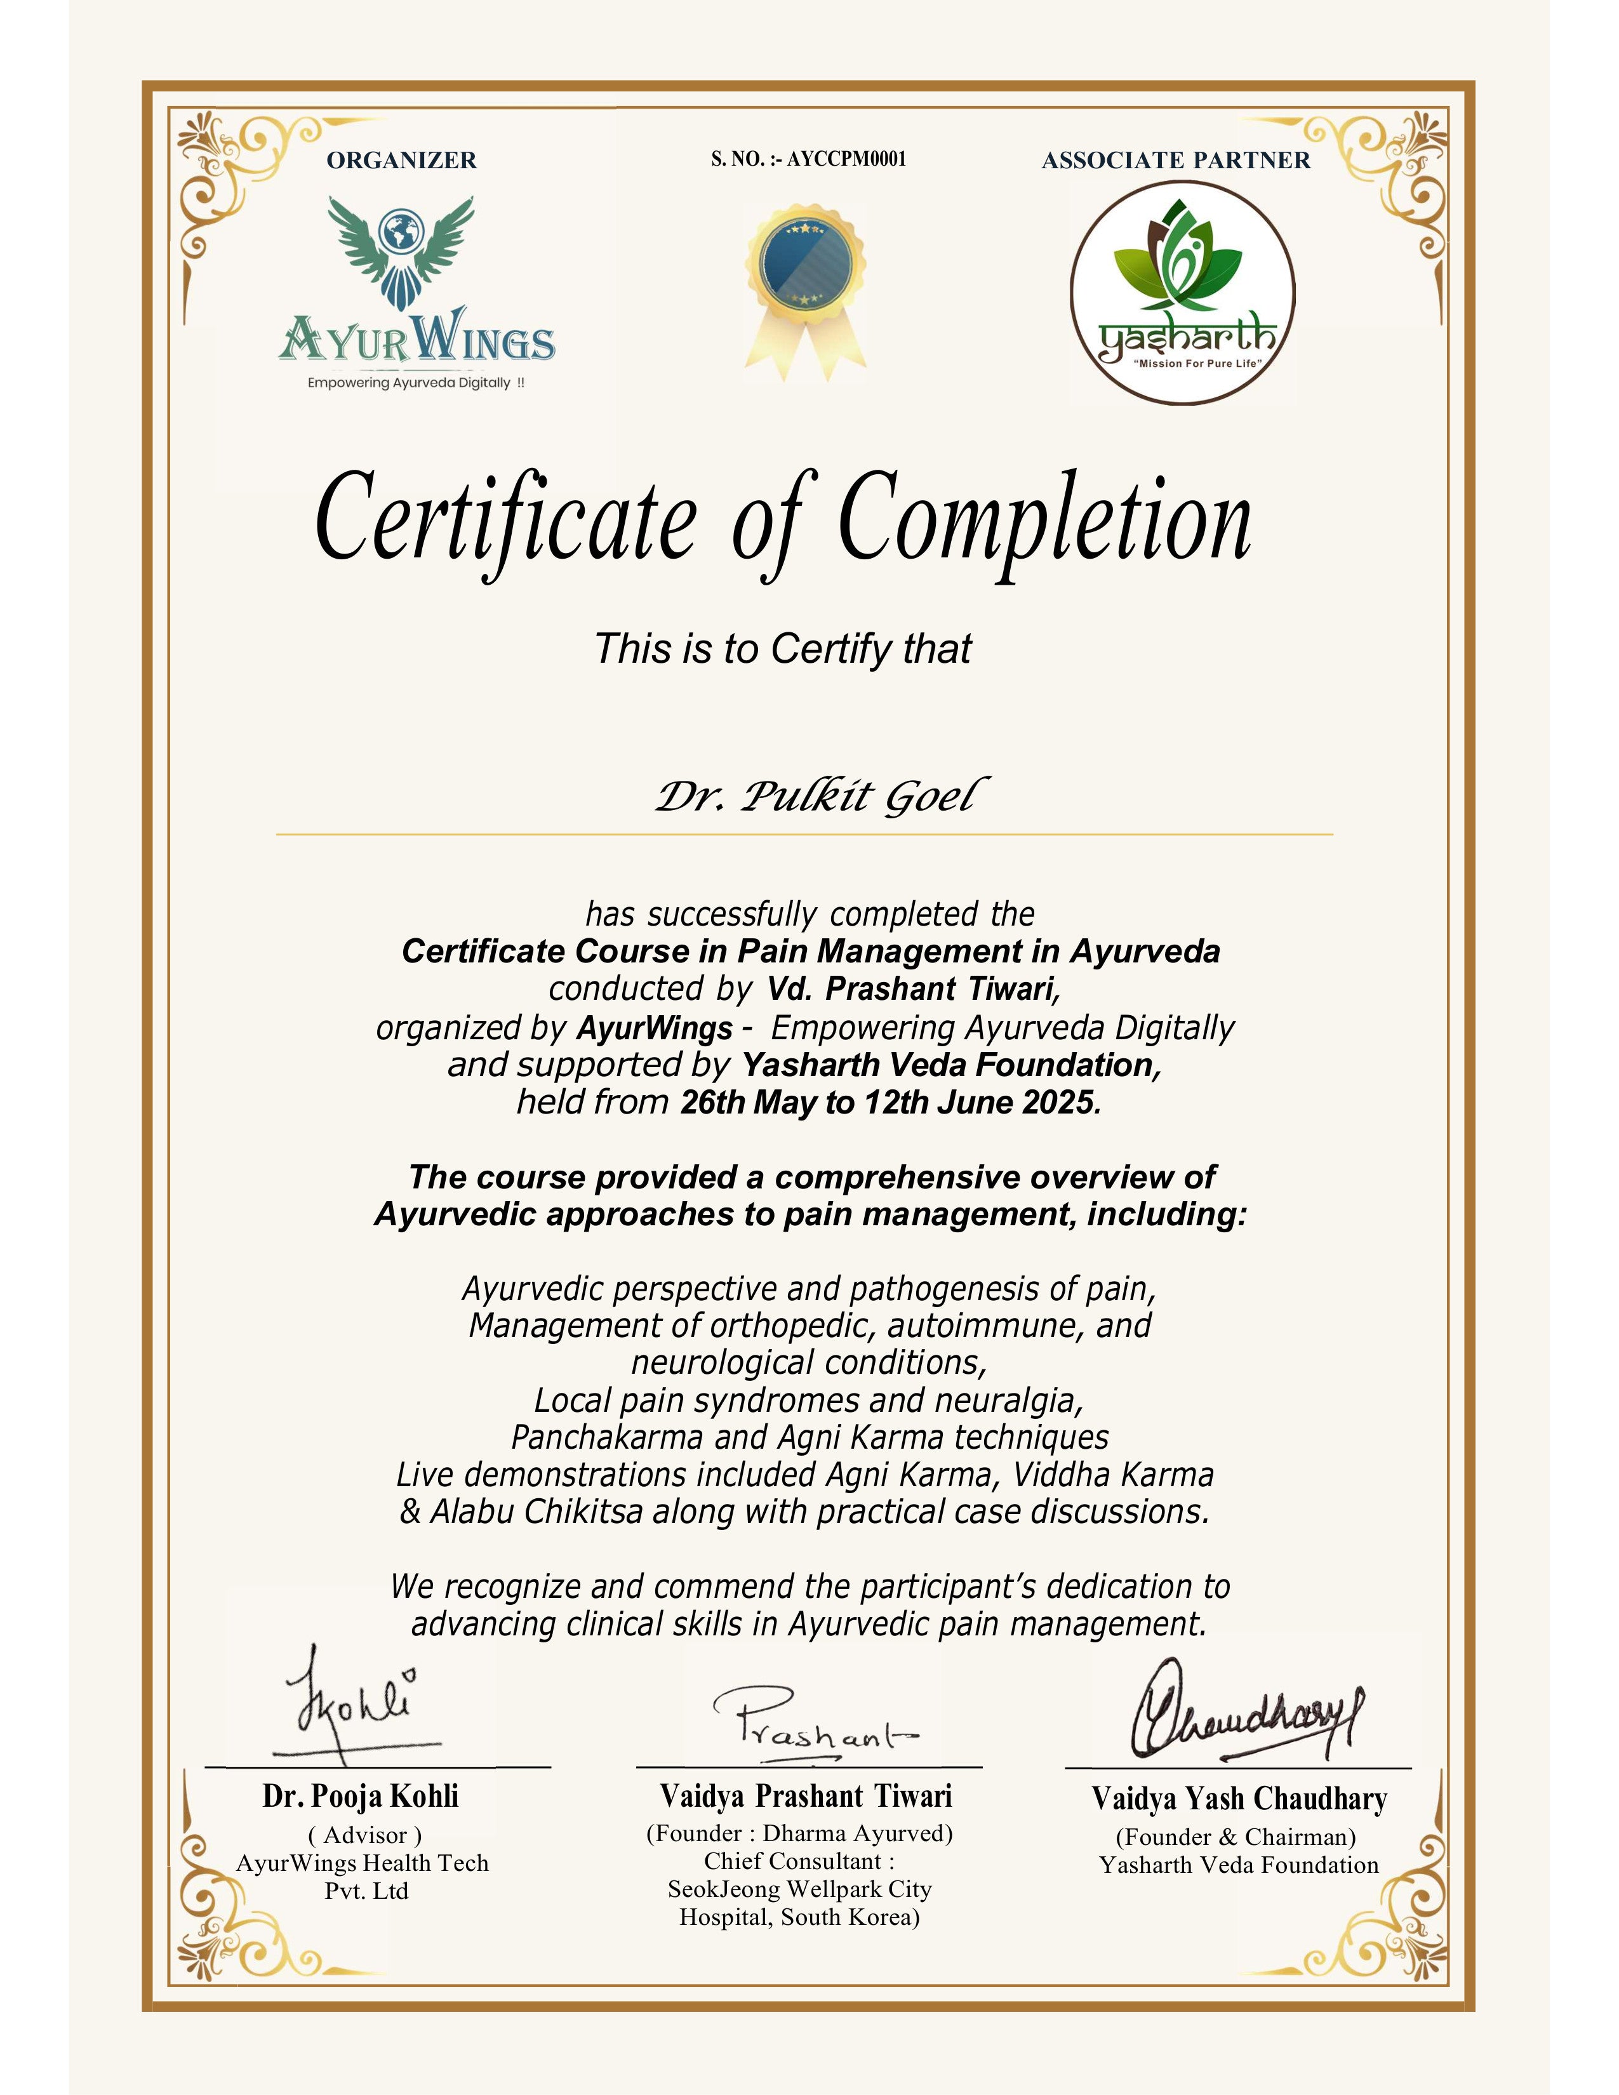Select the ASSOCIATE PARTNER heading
[1176, 160]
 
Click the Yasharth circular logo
[1183, 293]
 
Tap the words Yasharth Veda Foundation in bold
[950, 1065]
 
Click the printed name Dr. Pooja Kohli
[361, 1797]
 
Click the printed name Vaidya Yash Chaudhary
[1238, 1800]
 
